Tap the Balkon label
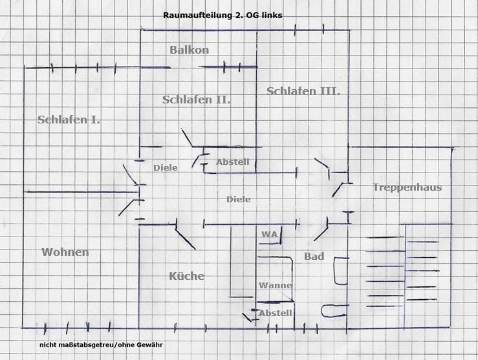pos(189,50)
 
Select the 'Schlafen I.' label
pos(69,120)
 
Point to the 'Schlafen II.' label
pos(197,100)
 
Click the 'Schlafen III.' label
pos(303,91)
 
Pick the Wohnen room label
pos(65,252)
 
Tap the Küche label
pos(186,276)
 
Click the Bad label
pos(314,257)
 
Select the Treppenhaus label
pos(407,187)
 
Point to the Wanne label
pos(276,285)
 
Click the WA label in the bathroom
pos(269,234)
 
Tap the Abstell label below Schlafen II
pos(232,162)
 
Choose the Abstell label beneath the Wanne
pos(276,313)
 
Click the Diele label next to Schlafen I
pos(166,167)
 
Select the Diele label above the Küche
pos(238,200)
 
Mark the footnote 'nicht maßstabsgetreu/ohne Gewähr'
pos(100,345)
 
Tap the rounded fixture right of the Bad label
pos(339,271)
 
